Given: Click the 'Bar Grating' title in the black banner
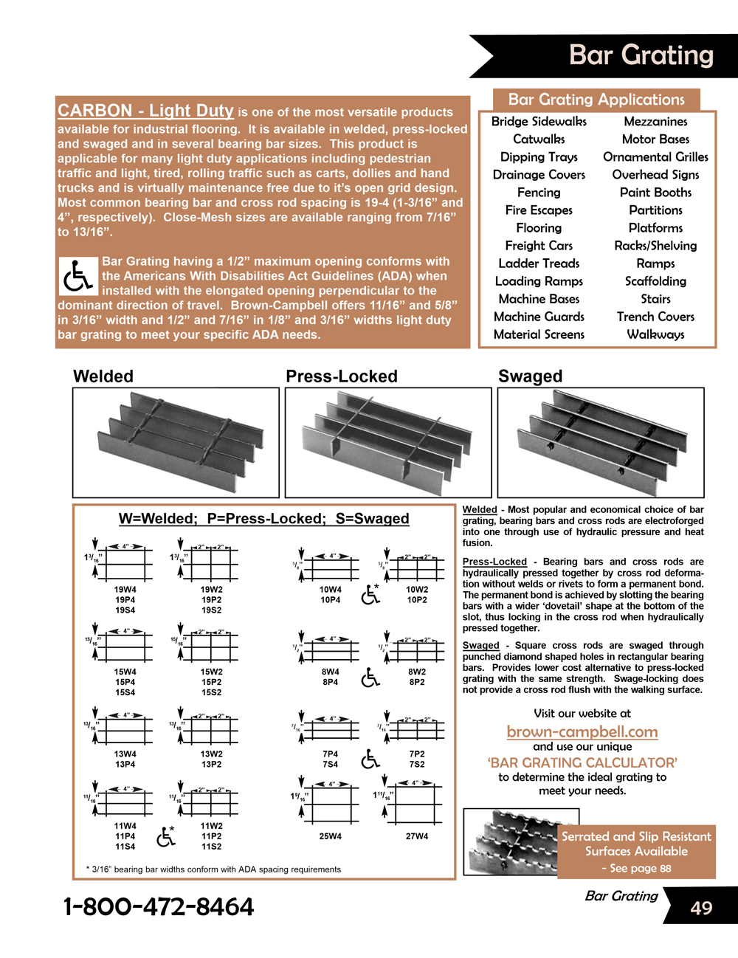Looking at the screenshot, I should (641, 55).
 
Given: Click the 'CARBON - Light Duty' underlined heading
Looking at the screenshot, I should (145, 111).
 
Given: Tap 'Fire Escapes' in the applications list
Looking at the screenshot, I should (539, 210).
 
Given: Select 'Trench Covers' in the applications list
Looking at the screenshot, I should (655, 317).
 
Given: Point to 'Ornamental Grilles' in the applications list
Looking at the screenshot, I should (655, 157).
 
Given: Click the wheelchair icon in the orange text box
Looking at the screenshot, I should (77, 276).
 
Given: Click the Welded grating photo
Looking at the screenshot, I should (176, 442).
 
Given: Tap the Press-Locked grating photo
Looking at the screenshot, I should (388, 442).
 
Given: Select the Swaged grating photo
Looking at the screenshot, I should (601, 442).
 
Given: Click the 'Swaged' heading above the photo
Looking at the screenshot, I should (530, 376).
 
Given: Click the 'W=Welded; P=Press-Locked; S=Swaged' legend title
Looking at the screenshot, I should (263, 519).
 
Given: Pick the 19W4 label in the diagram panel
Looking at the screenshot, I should (125, 590).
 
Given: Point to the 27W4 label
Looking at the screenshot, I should (417, 836).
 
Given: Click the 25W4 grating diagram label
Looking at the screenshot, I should (330, 836).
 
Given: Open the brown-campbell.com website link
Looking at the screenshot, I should (582, 731).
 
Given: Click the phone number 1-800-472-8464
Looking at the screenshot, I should (159, 906).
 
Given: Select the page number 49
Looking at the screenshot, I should (701, 907).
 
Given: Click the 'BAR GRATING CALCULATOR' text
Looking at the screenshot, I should (582, 762).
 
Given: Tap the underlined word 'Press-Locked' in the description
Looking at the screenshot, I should (494, 562).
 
